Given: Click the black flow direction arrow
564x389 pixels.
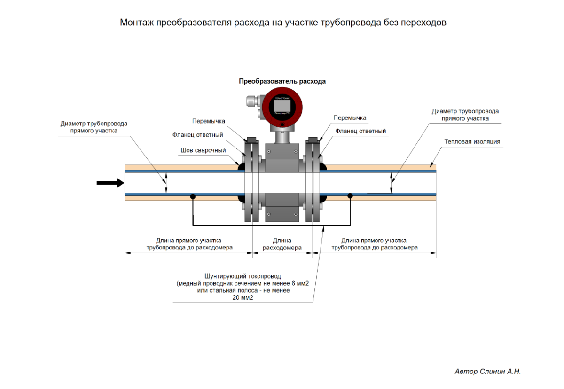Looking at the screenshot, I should [x=106, y=183].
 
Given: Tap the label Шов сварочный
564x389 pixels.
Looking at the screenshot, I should [x=203, y=150].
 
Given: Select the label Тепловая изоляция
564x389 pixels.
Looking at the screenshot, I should [x=472, y=141].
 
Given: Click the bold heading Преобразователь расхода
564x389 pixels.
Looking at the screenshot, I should [x=282, y=81].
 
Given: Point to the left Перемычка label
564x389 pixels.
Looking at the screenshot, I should [x=208, y=121].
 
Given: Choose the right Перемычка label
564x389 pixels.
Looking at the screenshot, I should [x=350, y=117].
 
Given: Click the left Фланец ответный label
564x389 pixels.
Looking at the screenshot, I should [x=197, y=135].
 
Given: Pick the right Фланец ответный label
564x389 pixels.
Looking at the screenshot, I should [x=360, y=131].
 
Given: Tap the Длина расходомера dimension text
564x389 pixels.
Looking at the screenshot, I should [x=282, y=244].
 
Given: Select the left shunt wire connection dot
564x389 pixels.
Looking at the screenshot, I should [x=193, y=196].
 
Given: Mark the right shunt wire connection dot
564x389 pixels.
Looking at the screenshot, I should [x=350, y=195].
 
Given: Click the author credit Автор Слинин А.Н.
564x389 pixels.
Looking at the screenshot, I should [x=488, y=371].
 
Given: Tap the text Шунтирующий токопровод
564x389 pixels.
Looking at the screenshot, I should [x=243, y=276].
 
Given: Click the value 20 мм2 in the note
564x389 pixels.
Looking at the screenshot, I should [x=243, y=298].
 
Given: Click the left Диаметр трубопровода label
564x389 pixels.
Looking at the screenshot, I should [x=94, y=127].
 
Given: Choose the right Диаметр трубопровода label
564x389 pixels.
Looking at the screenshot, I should [x=465, y=115].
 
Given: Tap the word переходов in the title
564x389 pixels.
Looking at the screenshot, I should [x=423, y=23].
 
